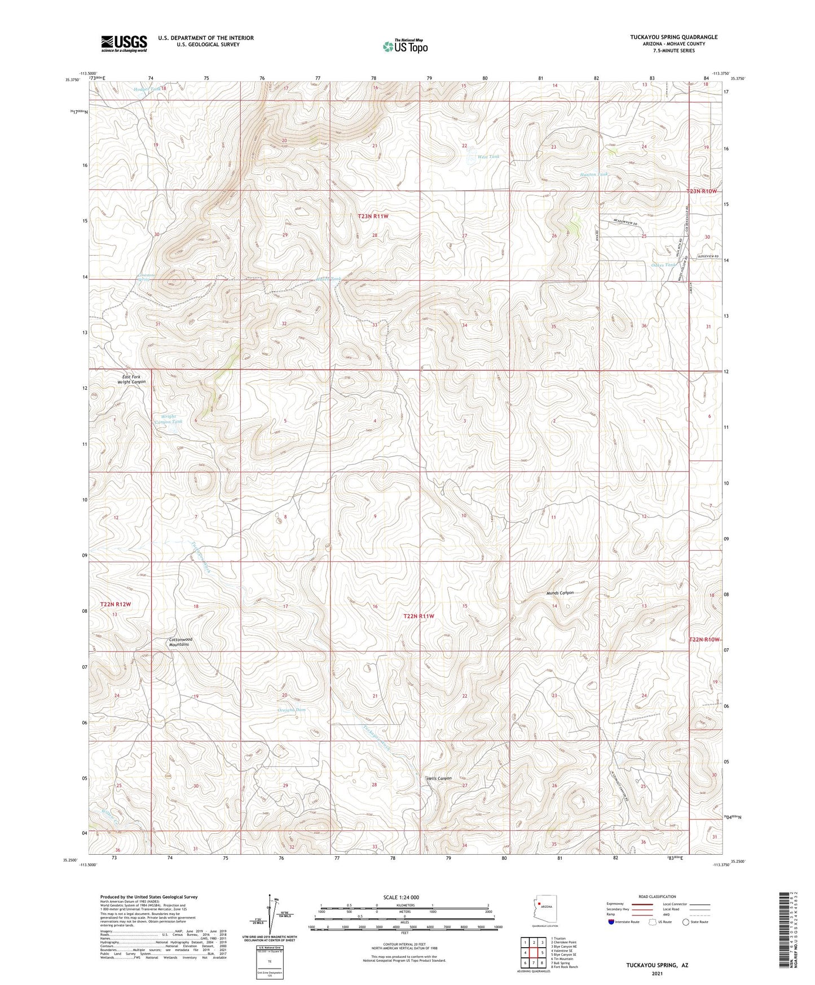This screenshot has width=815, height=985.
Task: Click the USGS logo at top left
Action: point(124,43)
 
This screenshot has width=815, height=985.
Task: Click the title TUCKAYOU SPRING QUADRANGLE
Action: point(673,37)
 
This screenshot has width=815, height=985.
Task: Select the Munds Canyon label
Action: point(560,593)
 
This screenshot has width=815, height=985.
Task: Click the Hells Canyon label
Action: point(439,779)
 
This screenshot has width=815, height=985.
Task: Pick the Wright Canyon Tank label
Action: point(168,419)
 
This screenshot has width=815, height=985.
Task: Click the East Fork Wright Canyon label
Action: point(131,379)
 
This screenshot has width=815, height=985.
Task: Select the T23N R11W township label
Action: point(373,216)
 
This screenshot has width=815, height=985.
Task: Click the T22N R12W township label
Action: point(116,604)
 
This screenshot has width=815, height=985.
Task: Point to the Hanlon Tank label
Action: point(594,175)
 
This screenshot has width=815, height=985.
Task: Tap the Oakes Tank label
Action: point(663,265)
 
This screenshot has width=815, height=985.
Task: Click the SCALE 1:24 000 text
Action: point(400,897)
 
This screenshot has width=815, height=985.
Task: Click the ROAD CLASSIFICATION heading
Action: point(657,896)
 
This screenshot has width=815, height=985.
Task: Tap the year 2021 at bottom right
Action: point(657,974)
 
